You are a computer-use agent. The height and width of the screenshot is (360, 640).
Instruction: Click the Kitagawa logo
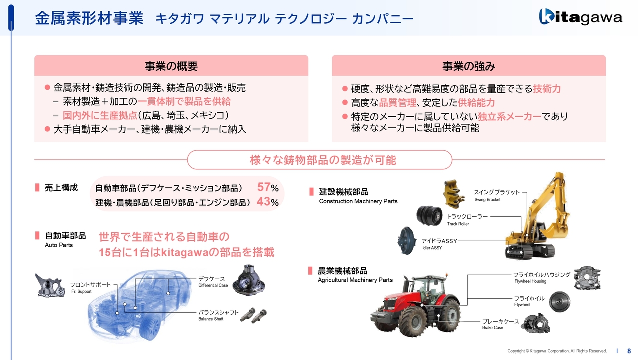coord(580,17)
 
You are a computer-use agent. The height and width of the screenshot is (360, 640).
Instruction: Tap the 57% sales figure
coord(268,187)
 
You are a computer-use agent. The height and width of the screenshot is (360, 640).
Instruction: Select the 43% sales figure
coord(268,202)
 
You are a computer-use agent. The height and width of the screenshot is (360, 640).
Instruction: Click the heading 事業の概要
coord(171,66)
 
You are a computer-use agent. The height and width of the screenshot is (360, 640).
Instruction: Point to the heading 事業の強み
coord(469,66)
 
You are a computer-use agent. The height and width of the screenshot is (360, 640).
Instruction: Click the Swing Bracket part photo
coord(454,194)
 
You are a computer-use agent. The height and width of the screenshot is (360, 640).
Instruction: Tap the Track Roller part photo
coord(429,216)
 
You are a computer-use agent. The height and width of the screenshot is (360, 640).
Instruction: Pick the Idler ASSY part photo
coord(407,241)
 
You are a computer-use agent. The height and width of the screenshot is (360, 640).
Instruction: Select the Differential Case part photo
coord(249,280)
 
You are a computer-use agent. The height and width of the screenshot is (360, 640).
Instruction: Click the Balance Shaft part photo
coord(253,315)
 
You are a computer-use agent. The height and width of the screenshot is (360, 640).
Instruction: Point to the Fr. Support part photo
coord(50,285)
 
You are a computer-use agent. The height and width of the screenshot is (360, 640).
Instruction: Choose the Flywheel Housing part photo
coord(587,278)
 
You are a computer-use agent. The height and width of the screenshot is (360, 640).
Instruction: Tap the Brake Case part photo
coord(535,323)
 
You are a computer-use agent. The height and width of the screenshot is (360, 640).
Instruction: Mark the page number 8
coord(629,351)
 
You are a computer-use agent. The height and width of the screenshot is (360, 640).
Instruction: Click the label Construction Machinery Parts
coord(358,201)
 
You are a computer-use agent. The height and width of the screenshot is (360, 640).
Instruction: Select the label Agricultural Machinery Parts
coord(355,280)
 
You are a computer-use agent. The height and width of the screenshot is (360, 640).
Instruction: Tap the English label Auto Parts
coord(59,245)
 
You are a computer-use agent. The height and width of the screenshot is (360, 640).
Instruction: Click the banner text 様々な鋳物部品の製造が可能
coord(323,160)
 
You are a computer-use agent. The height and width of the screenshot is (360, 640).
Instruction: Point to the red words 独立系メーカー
coord(509,116)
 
